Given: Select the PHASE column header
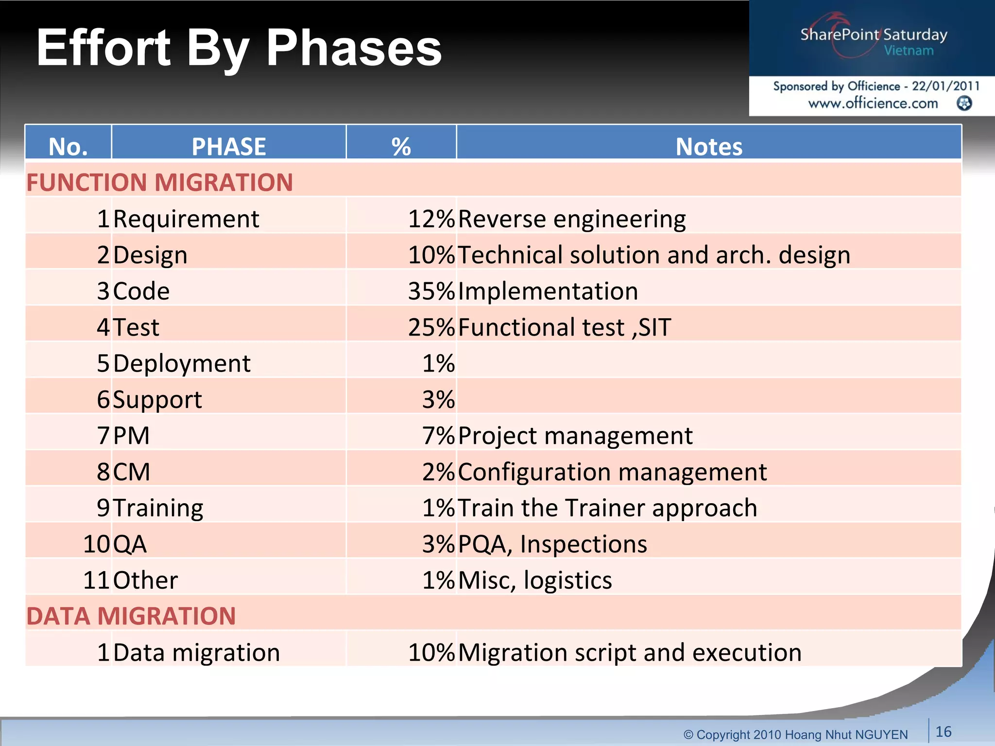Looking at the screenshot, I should coord(228,146).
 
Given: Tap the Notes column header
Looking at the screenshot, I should coord(708,146).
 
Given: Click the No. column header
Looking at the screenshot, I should coord(68,146).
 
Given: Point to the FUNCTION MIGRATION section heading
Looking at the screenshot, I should coord(159,183).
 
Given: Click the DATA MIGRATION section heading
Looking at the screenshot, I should coord(131,616).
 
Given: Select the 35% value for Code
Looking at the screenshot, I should coord(430,291).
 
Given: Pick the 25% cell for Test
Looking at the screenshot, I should coord(430,327).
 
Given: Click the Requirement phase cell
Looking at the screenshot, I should coord(186,219).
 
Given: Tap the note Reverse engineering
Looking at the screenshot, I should coord(571,219).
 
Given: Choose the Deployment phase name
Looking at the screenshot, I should coord(182,363).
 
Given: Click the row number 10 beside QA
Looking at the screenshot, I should coord(96,544).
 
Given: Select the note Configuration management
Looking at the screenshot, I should coord(612,472).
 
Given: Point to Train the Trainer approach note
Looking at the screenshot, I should coord(607,508).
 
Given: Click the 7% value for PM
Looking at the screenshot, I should coord(438,436).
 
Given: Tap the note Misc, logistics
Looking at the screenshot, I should coord(534,580).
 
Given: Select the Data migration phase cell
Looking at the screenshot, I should coord(196,652).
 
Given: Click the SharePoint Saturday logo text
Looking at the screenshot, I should coord(874,35).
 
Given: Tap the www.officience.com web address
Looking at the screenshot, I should coord(873,103).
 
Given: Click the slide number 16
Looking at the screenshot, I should coord(943,731).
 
